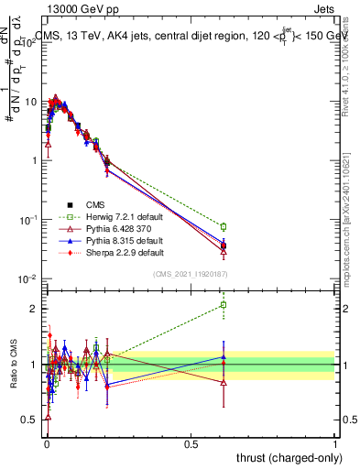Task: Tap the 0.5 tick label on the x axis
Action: coord(191,443)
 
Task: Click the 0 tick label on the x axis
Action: coord(46,443)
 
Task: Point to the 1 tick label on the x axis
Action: coord(335,443)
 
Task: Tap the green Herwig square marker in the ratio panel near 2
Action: coord(223,305)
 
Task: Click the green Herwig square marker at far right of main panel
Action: coord(223,226)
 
